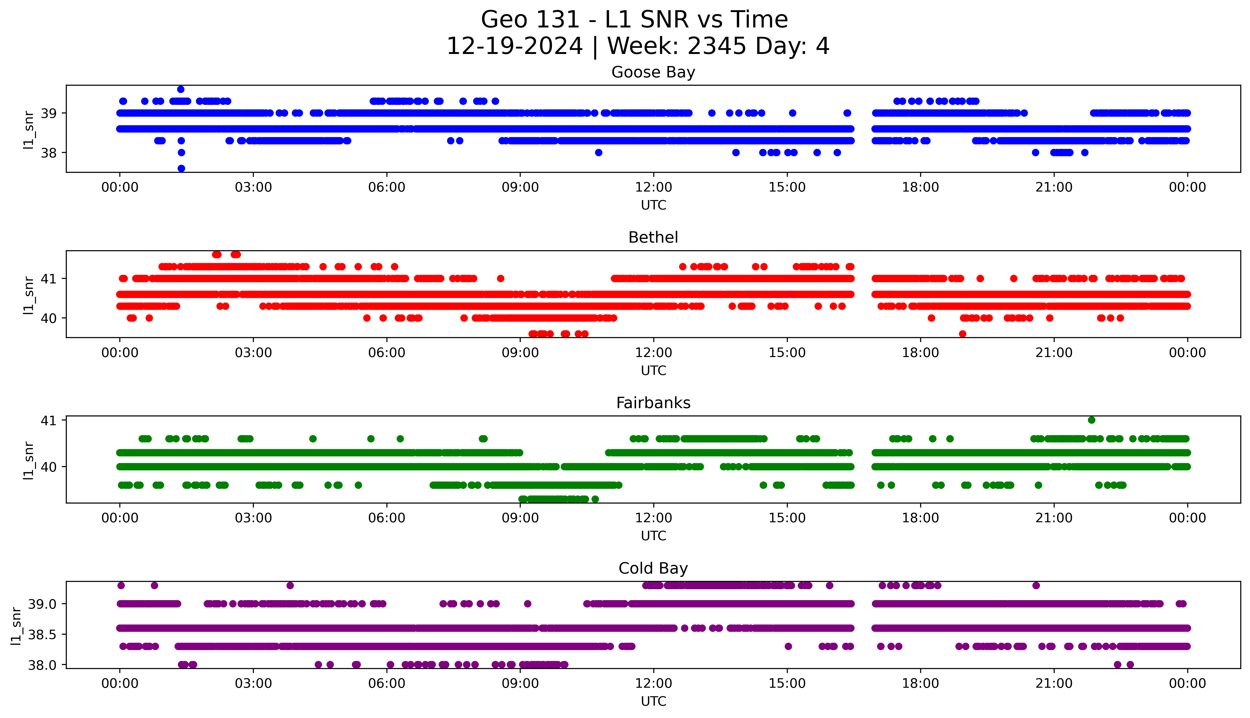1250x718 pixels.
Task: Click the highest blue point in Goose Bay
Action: click(x=181, y=89)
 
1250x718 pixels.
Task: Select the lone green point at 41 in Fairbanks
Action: click(x=1092, y=420)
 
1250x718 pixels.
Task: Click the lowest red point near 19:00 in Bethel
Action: click(x=963, y=334)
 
